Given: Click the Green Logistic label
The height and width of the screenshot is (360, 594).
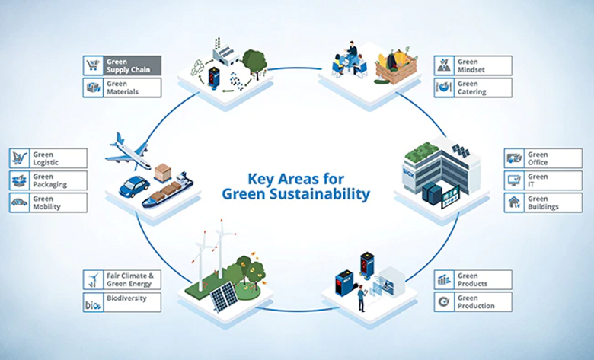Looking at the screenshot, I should [x=57, y=158].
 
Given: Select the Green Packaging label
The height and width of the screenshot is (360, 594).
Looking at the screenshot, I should [x=57, y=180].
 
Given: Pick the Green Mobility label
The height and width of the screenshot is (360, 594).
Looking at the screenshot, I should [x=57, y=202].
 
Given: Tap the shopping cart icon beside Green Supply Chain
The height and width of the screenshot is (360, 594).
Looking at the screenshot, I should [x=94, y=65].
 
